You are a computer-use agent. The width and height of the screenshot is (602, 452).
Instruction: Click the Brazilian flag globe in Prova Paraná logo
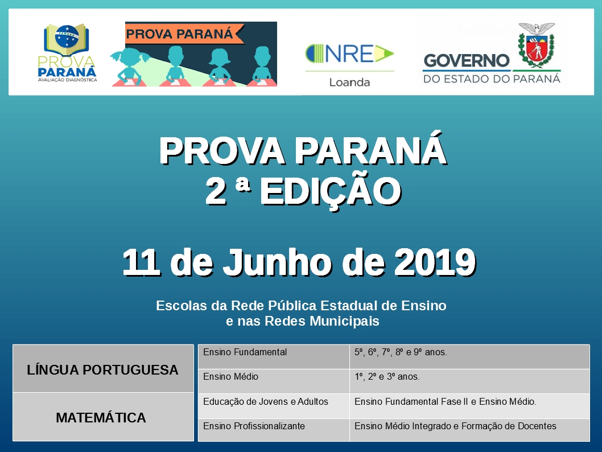pyautogui.click(x=67, y=36)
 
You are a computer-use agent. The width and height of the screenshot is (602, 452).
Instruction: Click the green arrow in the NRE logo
pyautogui.click(x=384, y=54)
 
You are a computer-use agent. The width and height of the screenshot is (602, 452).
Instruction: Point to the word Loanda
pyautogui.click(x=349, y=82)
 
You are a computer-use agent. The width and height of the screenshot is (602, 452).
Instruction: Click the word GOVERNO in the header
pyautogui.click(x=467, y=61)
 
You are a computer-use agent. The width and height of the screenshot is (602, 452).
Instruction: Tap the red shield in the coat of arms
pyautogui.click(x=536, y=48)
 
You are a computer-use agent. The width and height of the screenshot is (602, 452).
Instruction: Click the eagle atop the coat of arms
pyautogui.click(x=537, y=28)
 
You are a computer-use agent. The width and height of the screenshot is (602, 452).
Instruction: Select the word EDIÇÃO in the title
pyautogui.click(x=331, y=192)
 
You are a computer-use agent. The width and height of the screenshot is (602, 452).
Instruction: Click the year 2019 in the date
pyautogui.click(x=435, y=262)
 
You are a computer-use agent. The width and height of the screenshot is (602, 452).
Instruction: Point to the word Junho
pyautogui.click(x=278, y=262)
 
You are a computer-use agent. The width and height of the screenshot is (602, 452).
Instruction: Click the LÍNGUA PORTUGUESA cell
pyautogui.click(x=103, y=369)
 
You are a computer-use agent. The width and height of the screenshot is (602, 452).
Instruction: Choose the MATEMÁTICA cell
pyautogui.click(x=103, y=417)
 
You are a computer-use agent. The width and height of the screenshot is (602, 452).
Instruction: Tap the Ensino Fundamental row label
pyautogui.click(x=245, y=352)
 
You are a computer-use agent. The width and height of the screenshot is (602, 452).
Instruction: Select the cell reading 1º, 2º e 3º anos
pyautogui.click(x=387, y=377)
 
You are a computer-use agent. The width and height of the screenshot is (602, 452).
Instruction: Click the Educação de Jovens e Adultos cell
pyautogui.click(x=266, y=402)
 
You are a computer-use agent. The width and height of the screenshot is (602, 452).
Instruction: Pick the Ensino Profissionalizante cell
pyautogui.click(x=254, y=426)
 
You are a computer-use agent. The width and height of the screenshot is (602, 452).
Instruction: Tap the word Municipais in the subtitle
pyautogui.click(x=344, y=321)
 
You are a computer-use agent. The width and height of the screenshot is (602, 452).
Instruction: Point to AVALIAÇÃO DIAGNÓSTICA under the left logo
pyautogui.click(x=68, y=80)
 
